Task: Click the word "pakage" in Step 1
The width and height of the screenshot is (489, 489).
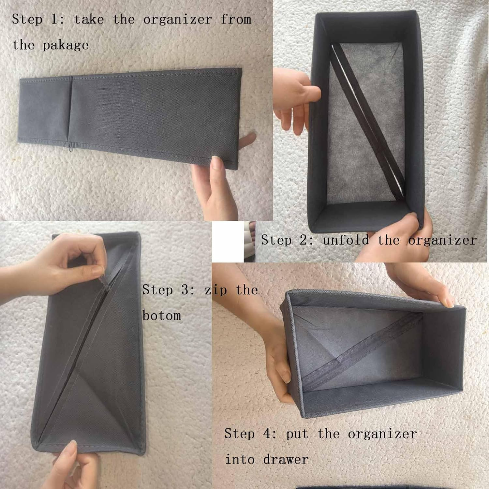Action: (66, 45)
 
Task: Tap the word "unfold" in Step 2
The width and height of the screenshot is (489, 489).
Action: (346, 240)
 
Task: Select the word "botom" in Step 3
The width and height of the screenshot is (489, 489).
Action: (162, 316)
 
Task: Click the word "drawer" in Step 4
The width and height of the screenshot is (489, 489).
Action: (286, 459)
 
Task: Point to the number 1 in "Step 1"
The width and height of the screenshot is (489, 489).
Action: (54, 19)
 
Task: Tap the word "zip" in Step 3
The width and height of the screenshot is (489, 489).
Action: (216, 290)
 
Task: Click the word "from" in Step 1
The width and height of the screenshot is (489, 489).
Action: (236, 19)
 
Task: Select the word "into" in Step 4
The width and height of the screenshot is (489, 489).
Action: (240, 459)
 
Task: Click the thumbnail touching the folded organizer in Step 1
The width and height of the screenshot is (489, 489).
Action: (217, 162)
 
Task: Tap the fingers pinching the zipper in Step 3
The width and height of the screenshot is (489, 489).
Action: (95, 267)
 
